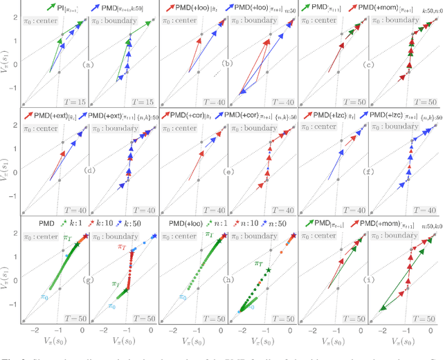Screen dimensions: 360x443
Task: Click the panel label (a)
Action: [87, 64]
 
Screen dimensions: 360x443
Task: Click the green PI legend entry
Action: [61, 7]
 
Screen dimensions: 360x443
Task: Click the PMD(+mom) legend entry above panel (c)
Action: [379, 7]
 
